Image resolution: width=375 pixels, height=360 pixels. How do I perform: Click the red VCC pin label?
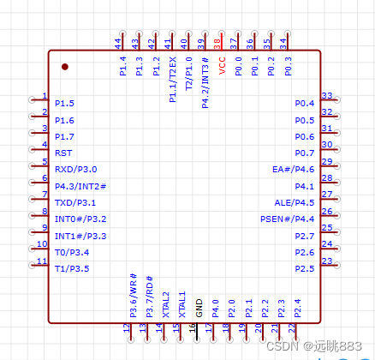222,66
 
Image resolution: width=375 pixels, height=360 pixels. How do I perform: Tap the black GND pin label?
199,308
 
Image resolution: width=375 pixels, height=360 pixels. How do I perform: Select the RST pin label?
63,153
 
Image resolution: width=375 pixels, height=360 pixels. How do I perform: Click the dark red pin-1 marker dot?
65,67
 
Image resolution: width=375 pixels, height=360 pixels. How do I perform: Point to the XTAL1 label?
182,304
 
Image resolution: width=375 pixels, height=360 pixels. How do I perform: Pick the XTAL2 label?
166,304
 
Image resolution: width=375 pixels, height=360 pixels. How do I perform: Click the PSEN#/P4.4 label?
287,219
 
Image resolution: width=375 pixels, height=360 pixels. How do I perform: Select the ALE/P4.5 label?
295,203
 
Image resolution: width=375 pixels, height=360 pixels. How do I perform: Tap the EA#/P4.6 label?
293,170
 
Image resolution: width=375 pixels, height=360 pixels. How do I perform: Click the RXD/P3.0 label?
76,170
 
